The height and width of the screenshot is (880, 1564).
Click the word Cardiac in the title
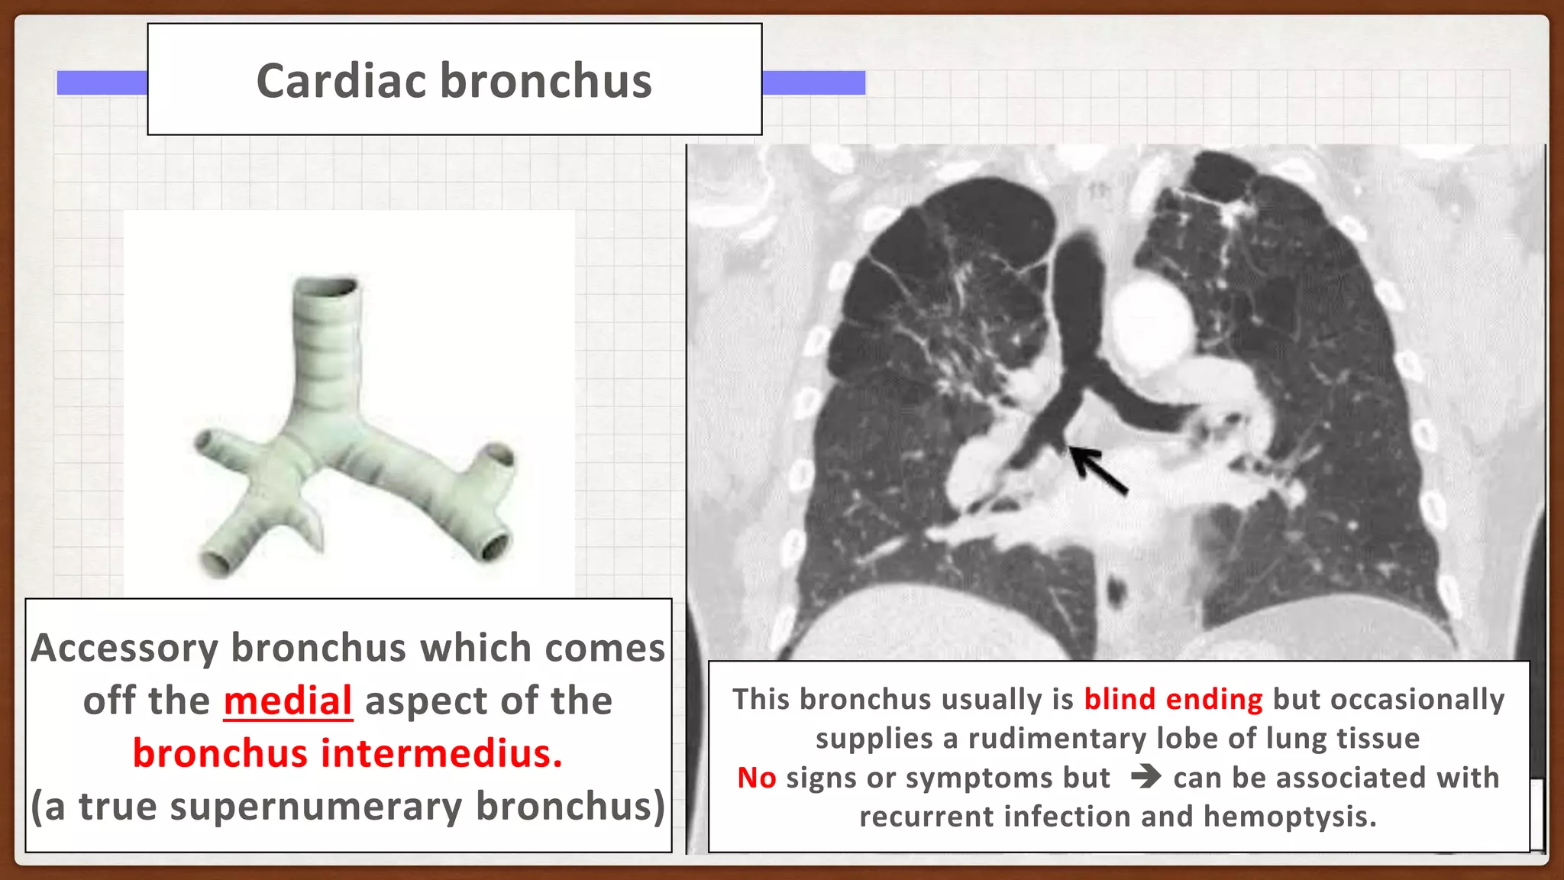click(341, 81)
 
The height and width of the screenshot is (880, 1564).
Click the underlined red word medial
click(288, 701)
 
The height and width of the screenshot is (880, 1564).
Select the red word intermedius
click(441, 754)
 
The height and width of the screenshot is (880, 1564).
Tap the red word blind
click(1120, 699)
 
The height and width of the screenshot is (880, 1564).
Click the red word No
click(756, 778)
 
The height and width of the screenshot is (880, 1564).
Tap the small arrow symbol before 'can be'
click(1146, 778)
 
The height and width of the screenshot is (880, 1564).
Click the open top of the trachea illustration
click(327, 287)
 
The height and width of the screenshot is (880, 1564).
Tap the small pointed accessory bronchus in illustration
click(315, 529)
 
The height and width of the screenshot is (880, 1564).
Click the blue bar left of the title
click(102, 82)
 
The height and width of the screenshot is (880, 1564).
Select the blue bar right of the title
click(813, 82)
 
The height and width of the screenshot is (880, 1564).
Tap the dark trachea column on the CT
click(1077, 290)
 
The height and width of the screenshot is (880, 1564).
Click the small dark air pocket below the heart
click(1116, 590)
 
